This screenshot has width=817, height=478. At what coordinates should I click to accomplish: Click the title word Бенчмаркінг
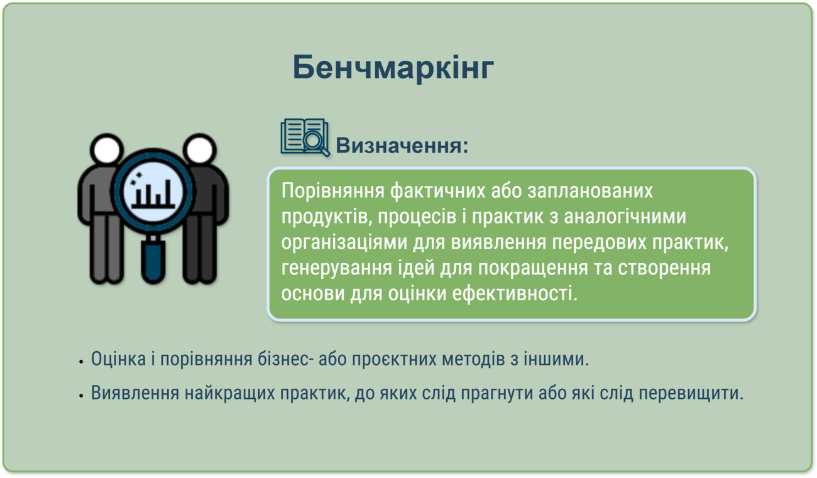point(393,67)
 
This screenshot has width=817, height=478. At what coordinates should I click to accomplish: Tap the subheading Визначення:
point(402,146)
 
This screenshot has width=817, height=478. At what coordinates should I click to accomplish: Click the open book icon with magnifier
point(305,138)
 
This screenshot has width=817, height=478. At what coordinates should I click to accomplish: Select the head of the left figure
point(107,149)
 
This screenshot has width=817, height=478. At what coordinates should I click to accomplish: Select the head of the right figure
point(199,149)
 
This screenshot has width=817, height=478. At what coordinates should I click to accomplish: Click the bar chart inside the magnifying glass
point(153,194)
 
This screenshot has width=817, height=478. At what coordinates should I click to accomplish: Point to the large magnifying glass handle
point(153,259)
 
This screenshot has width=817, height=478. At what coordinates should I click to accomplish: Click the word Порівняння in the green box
point(332,191)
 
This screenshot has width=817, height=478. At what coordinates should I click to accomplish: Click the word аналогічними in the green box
point(625,217)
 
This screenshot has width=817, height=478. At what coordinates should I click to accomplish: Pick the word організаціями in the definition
point(344,242)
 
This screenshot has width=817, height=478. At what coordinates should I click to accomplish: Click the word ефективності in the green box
point(515,293)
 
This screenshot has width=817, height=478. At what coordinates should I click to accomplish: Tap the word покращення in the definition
point(533,268)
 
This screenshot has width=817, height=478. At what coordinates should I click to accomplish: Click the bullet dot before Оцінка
point(81,362)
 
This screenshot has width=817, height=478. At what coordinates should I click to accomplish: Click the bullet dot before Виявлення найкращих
point(81,396)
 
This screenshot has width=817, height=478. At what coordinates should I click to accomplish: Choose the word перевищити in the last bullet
point(691,393)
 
